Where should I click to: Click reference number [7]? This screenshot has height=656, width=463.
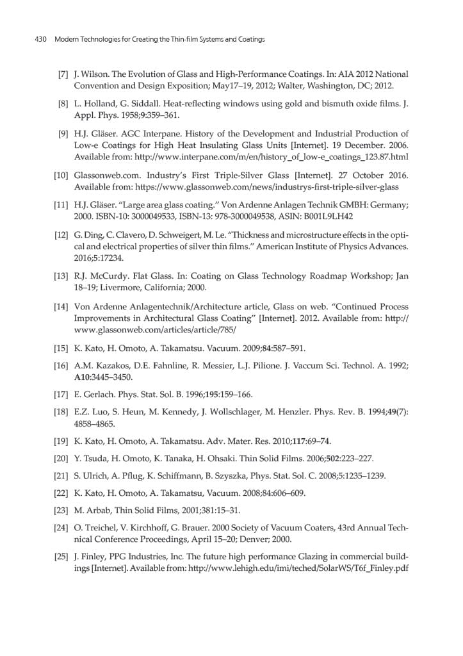tap(63, 75)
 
